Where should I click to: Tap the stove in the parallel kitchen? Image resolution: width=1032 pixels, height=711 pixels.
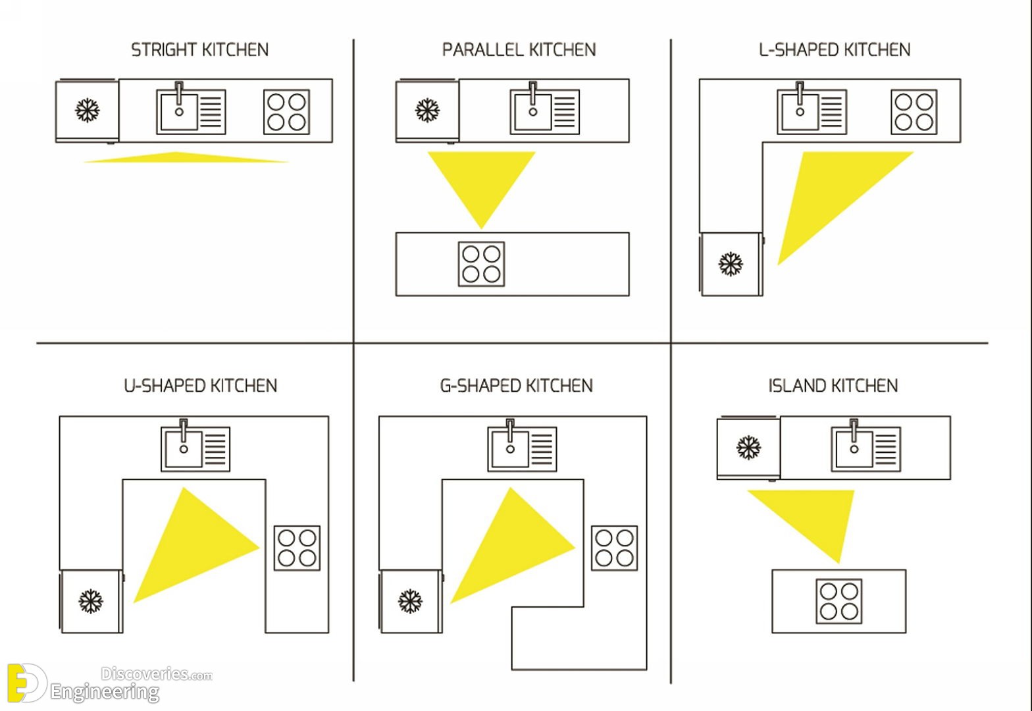[x=482, y=264]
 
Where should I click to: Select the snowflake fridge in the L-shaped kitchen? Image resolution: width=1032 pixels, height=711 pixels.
[x=731, y=264]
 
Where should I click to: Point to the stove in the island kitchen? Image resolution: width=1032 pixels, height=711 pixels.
[x=839, y=601]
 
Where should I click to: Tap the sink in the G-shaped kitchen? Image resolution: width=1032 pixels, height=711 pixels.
[x=522, y=446]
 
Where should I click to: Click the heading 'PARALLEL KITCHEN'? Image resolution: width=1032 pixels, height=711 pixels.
[x=519, y=50]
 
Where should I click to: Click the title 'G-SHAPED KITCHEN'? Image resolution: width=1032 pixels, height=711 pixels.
[x=517, y=386]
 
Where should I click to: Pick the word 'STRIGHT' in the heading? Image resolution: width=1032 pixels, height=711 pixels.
[x=164, y=50]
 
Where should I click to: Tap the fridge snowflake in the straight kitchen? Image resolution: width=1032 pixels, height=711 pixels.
[x=87, y=111]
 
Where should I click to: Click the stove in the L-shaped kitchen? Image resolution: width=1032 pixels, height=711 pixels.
[x=914, y=112]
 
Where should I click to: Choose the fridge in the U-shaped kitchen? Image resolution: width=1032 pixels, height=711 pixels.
[x=91, y=601]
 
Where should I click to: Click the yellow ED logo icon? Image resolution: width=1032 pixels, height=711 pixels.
[x=27, y=683]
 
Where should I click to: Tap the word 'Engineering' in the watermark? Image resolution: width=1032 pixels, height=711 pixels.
[x=105, y=692]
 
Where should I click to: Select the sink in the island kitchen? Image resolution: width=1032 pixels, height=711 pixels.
[x=866, y=446]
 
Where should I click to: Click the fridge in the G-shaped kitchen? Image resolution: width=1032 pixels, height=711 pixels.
[x=411, y=601]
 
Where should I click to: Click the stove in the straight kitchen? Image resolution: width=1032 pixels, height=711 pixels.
[x=286, y=112]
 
